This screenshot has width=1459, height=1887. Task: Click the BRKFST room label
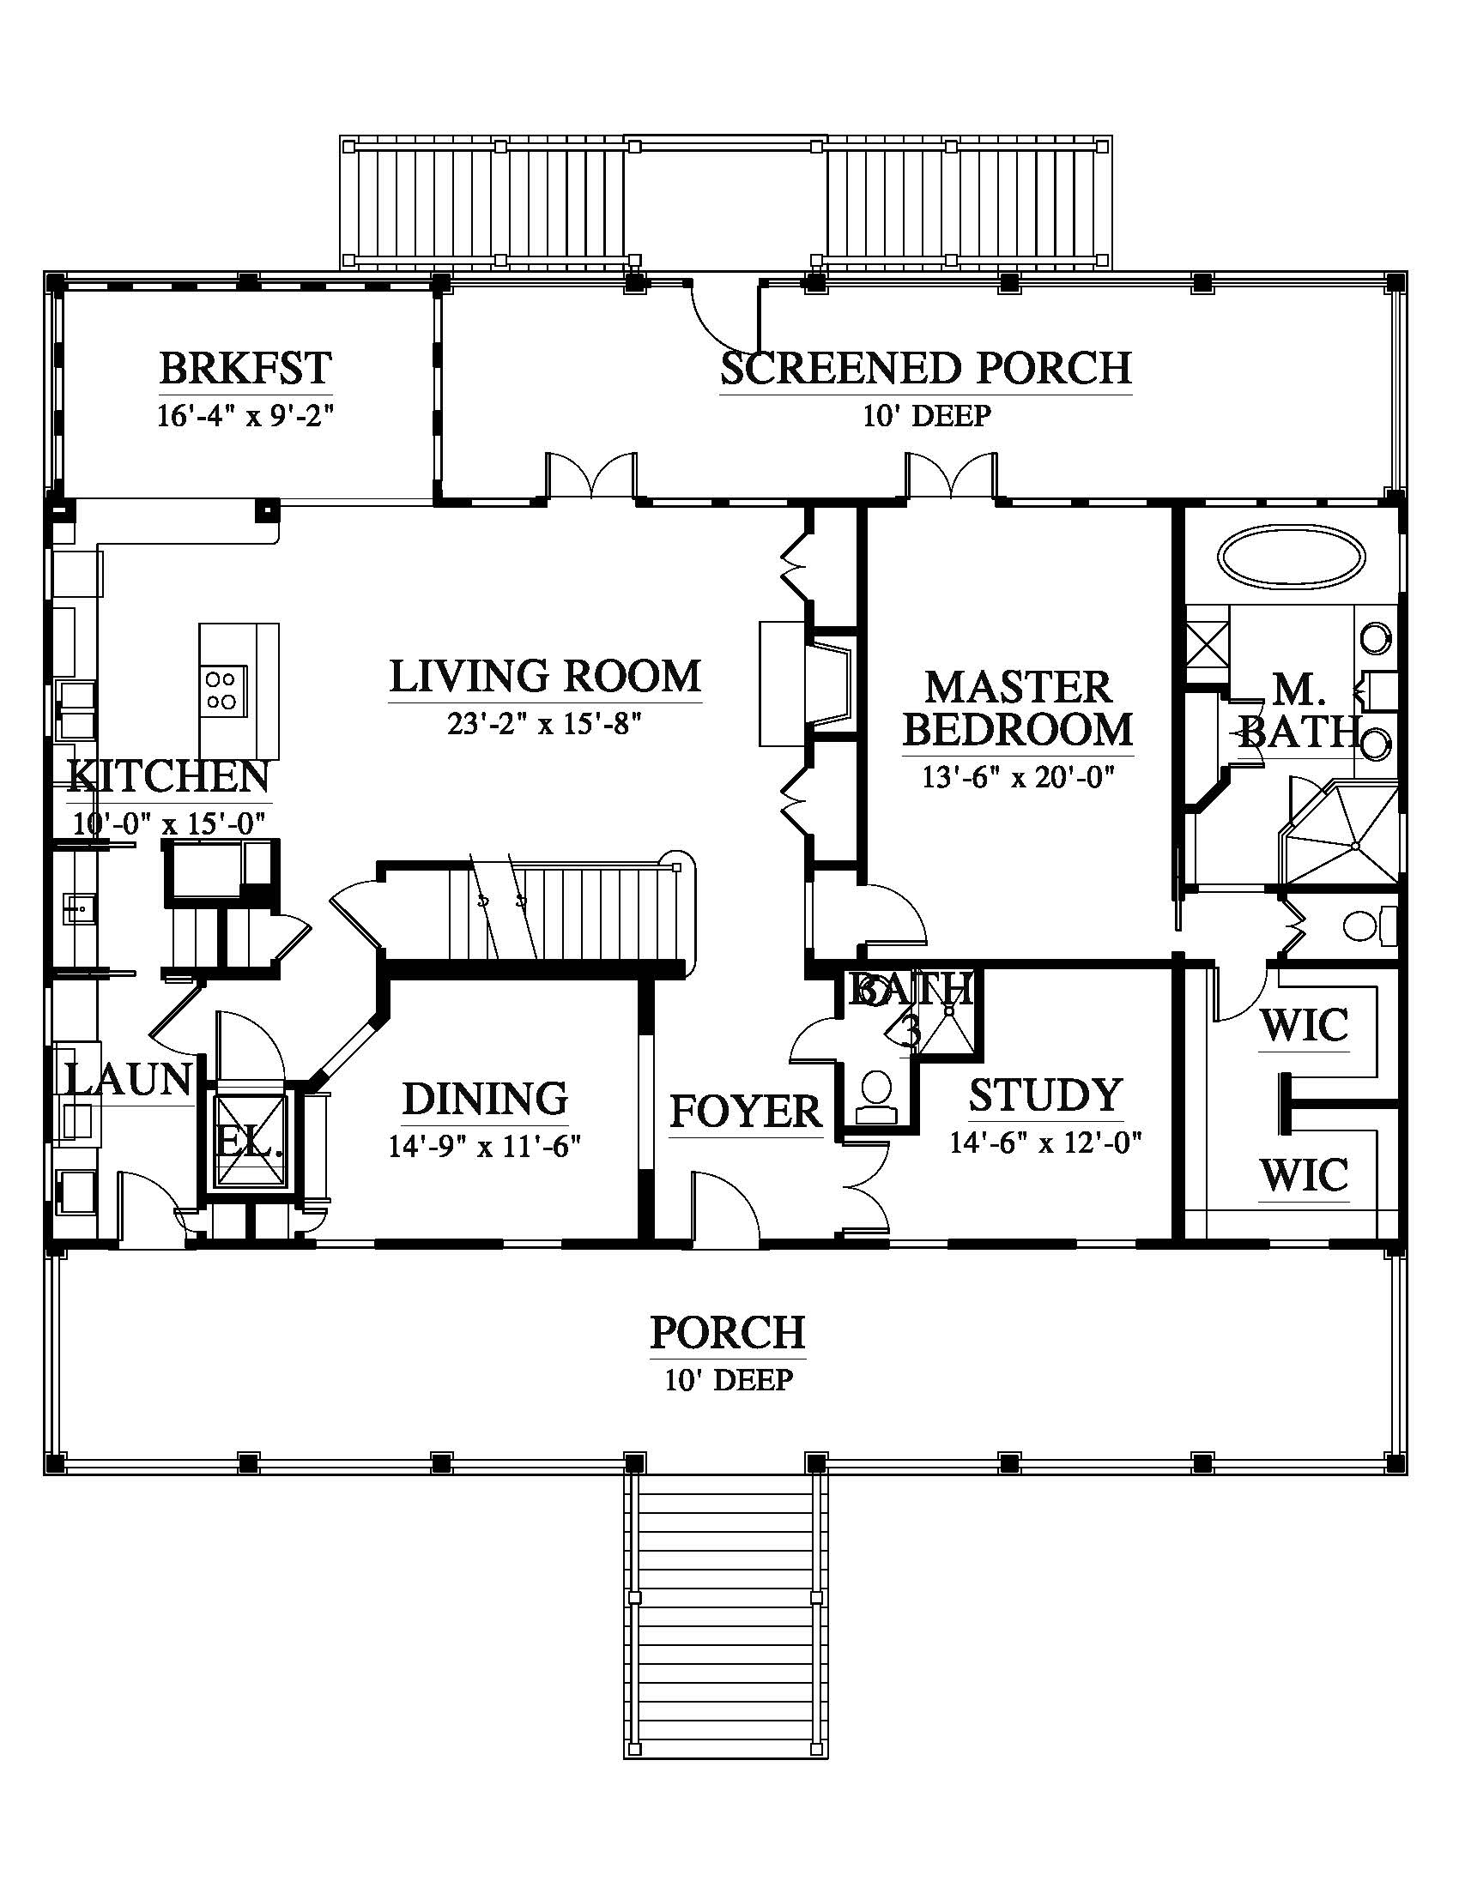(x=245, y=368)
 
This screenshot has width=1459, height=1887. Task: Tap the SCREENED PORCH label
(x=926, y=368)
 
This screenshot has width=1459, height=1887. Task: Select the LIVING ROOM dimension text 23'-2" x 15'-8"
(x=544, y=723)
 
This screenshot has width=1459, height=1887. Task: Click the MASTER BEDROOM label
(x=1018, y=708)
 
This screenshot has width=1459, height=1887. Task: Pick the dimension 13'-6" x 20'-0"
(x=1018, y=777)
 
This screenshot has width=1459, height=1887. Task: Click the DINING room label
(x=485, y=1098)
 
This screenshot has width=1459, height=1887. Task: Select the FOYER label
(x=745, y=1111)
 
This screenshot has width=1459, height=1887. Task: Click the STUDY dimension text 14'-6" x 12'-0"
(x=1046, y=1142)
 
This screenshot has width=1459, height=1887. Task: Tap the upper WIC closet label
(x=1304, y=1026)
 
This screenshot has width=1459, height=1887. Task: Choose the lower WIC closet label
(x=1304, y=1175)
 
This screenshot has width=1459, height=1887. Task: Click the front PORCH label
(x=728, y=1331)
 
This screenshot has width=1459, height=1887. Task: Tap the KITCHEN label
(x=168, y=776)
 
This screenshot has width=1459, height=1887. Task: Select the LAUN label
(x=128, y=1078)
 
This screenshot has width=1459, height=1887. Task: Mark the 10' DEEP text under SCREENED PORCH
(x=926, y=416)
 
